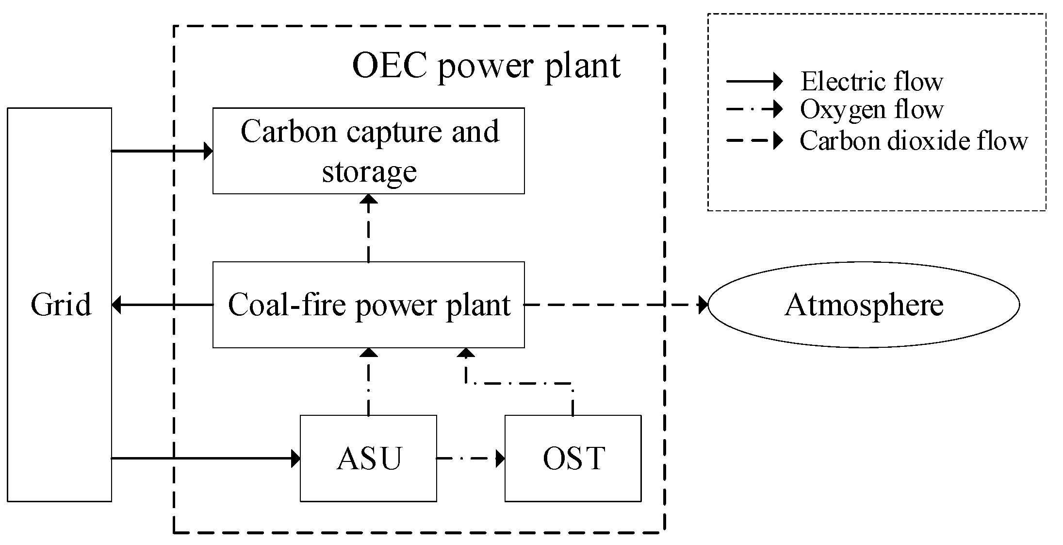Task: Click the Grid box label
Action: pyautogui.click(x=61, y=305)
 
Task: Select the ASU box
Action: pyautogui.click(x=369, y=458)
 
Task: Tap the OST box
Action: pyautogui.click(x=573, y=458)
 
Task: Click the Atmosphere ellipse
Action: pyautogui.click(x=864, y=305)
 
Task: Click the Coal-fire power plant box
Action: pyautogui.click(x=369, y=305)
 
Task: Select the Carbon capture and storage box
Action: pyautogui.click(x=369, y=151)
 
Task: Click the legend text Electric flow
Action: pyautogui.click(x=871, y=81)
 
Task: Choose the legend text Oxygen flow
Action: pyautogui.click(x=871, y=109)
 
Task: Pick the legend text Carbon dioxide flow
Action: pyautogui.click(x=913, y=141)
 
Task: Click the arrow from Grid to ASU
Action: pyautogui.click(x=206, y=458)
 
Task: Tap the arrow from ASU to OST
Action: pyautogui.click(x=471, y=458)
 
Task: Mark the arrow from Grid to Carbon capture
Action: pyautogui.click(x=163, y=151)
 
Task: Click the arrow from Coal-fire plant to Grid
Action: pyautogui.click(x=163, y=305)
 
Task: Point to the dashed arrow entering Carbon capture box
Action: pyautogui.click(x=369, y=228)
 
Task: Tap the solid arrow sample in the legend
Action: pyautogui.click(x=754, y=81)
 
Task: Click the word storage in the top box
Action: pyautogui.click(x=369, y=171)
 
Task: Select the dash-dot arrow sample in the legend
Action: pyautogui.click(x=754, y=109)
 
